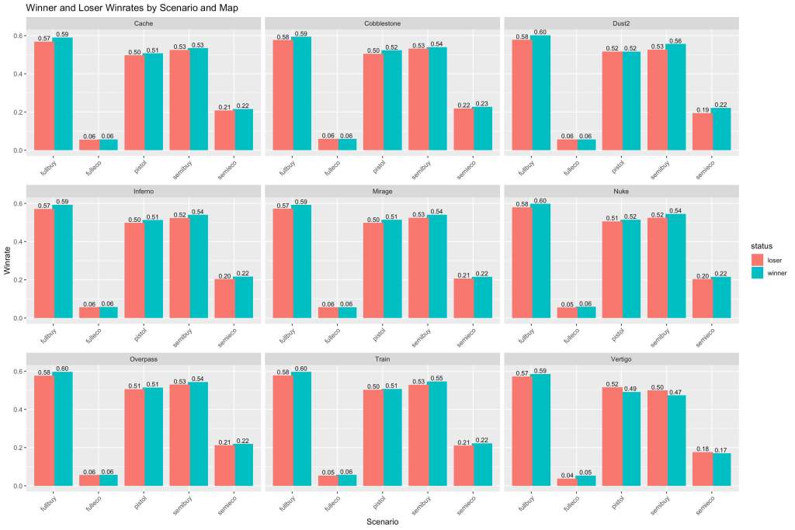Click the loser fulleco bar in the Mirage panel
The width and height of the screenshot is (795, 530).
coord(326,313)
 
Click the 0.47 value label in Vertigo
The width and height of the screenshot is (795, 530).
coord(676,392)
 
